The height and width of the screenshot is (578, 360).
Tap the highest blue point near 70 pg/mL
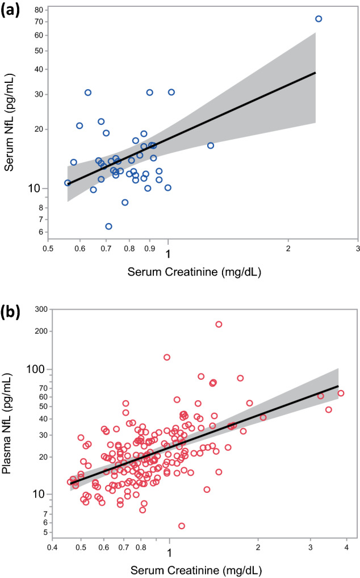(x=319, y=19)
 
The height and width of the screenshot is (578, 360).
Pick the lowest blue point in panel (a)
(x=108, y=226)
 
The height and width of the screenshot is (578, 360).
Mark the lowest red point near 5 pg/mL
(x=182, y=526)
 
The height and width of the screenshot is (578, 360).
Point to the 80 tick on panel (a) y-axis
(x=37, y=10)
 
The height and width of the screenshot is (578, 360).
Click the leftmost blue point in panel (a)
(x=68, y=183)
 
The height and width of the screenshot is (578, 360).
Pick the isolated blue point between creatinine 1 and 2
(x=211, y=145)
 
